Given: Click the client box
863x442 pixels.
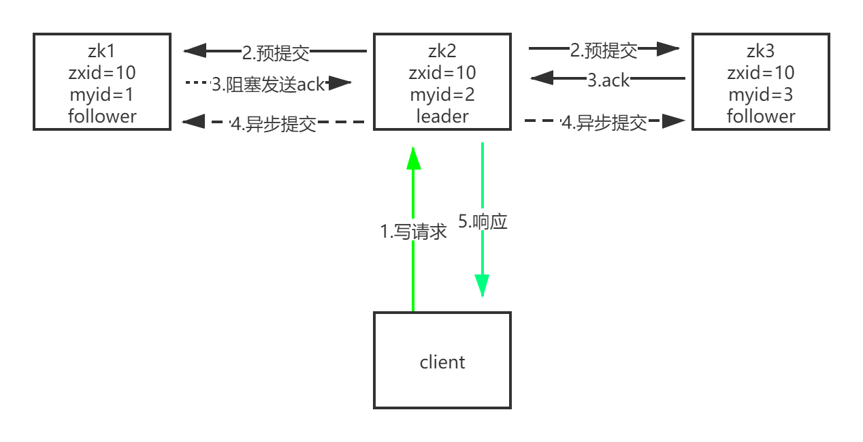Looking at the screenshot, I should pos(442,361).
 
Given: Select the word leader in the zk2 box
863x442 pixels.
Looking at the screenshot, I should pos(442,116).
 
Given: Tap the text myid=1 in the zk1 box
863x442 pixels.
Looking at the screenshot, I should pos(102,95).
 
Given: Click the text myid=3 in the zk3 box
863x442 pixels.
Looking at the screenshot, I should pos(760,95).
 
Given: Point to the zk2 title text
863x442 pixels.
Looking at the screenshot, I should pos(442,51).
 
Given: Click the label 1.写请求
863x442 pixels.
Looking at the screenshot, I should pos(413,232).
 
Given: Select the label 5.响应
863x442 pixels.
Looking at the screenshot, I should pos(483,221).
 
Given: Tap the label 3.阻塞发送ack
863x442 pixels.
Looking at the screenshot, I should pos(268,84).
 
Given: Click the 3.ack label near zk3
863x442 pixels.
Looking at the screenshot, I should pos(608,80).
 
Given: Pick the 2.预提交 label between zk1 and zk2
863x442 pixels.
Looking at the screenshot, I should pos(276,52).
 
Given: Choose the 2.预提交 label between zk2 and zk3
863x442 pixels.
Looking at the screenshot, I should pos(604,50).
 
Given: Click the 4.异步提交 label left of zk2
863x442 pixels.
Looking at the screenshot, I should pos(274,124).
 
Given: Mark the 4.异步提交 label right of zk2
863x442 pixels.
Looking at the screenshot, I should pos(604,123).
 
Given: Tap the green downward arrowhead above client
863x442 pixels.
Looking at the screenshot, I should pos(482,286).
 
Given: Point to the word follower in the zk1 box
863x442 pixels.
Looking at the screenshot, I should pos(102,116).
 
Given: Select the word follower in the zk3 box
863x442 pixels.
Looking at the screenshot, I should pos(760,116).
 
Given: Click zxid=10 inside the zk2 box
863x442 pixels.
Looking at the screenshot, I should pos(442,73).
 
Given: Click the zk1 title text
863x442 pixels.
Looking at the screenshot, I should pos(102,51).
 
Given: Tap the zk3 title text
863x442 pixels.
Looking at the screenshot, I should pos(760,51).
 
